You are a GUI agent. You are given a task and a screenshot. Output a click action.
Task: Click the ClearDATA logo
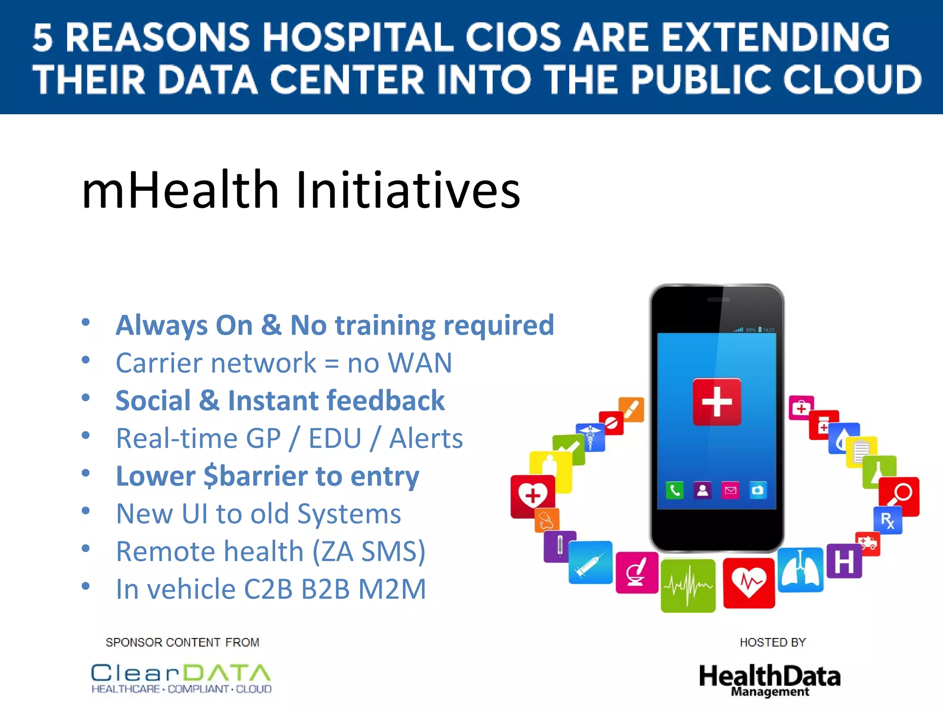tap(181, 678)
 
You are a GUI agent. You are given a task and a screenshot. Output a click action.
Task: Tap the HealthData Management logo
tap(769, 679)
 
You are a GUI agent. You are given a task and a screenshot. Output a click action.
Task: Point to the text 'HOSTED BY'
tap(773, 643)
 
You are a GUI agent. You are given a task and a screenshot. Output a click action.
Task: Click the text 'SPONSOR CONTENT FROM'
tap(182, 643)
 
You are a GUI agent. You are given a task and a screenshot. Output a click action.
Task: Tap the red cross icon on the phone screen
tap(716, 402)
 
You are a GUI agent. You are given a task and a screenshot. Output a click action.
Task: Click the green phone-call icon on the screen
tap(675, 490)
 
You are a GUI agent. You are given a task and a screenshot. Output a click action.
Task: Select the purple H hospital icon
tap(844, 562)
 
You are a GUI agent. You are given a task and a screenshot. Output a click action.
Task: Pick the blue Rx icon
tap(887, 521)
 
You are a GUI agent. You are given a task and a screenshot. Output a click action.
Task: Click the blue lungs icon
tap(800, 570)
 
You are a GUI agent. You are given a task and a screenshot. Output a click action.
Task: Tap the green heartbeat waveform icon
tap(688, 586)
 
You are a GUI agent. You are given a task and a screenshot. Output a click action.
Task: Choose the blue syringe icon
tap(590, 562)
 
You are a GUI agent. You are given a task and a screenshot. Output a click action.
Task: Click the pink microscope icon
tap(637, 573)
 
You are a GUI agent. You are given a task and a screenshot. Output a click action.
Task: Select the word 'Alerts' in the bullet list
tap(426, 438)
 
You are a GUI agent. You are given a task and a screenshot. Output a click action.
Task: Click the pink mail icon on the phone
tap(730, 490)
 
